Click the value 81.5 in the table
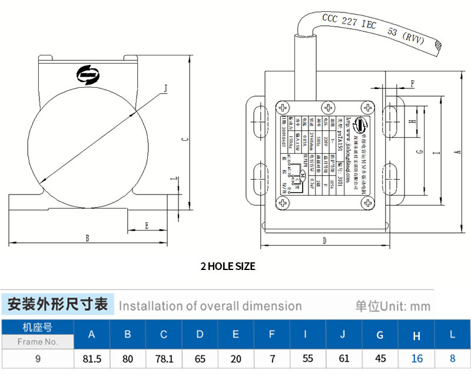pyautogui.click(x=91, y=358)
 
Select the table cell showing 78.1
pyautogui.click(x=164, y=358)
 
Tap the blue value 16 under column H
pyautogui.click(x=417, y=358)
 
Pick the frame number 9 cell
pyautogui.click(x=38, y=358)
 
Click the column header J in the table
pyautogui.click(x=344, y=335)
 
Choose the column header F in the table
pyautogui.click(x=271, y=335)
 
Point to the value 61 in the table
pyautogui.click(x=344, y=358)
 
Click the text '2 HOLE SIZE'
pyautogui.click(x=228, y=266)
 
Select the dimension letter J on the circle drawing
pyautogui.click(x=165, y=89)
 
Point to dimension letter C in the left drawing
pyautogui.click(x=184, y=139)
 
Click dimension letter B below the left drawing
pyautogui.click(x=87, y=238)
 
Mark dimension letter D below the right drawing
pyautogui.click(x=324, y=241)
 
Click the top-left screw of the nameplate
pyautogui.click(x=283, y=107)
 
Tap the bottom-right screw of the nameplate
pyautogui.click(x=368, y=203)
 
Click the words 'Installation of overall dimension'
pyautogui.click(x=210, y=306)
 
